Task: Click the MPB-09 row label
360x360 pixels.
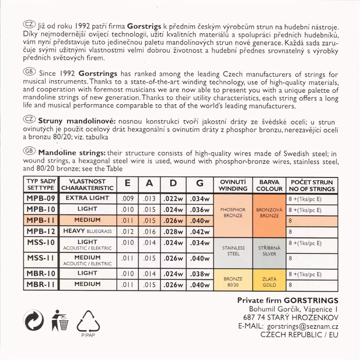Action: pos(41,198)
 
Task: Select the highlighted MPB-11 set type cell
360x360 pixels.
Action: pos(41,220)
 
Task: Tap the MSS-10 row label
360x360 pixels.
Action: pos(41,242)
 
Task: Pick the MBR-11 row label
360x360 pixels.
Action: pos(41,284)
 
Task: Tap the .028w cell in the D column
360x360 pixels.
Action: pos(174,231)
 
